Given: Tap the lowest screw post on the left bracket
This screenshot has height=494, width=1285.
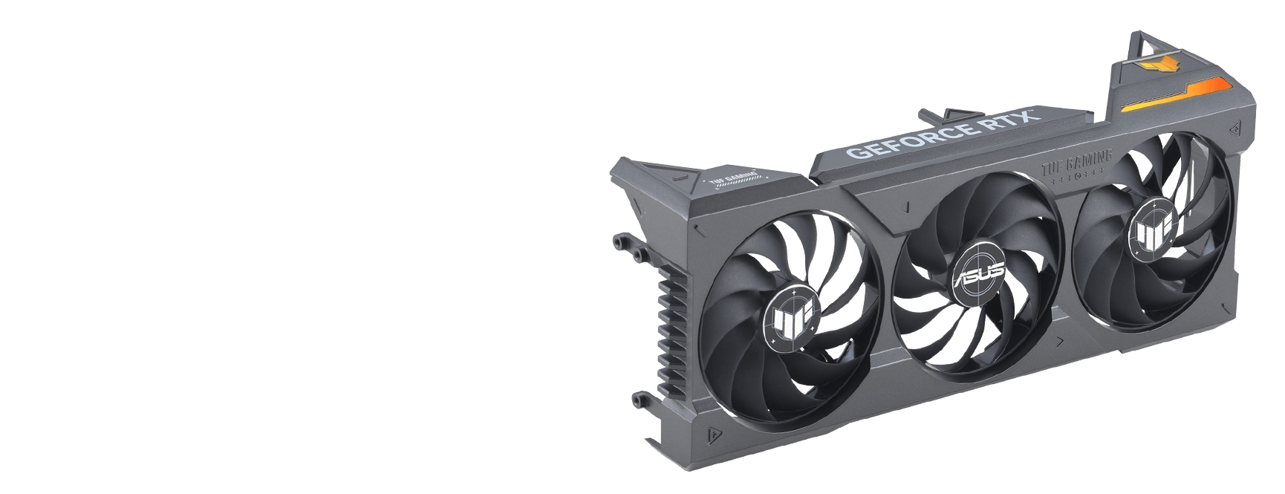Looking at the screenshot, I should point(638,399).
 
